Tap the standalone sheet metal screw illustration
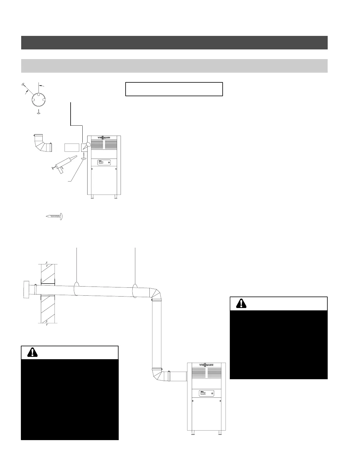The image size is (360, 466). coord(55,217)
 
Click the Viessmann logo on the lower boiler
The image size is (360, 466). coord(206,365)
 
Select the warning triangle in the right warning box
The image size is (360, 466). coord(242,303)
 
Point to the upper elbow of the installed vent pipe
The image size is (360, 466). coord(156,294)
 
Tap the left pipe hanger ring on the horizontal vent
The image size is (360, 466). coord(76,288)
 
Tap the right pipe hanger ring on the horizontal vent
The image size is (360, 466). coord(135,290)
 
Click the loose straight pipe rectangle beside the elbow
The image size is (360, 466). coord(72,147)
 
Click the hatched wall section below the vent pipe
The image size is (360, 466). coord(48,309)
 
